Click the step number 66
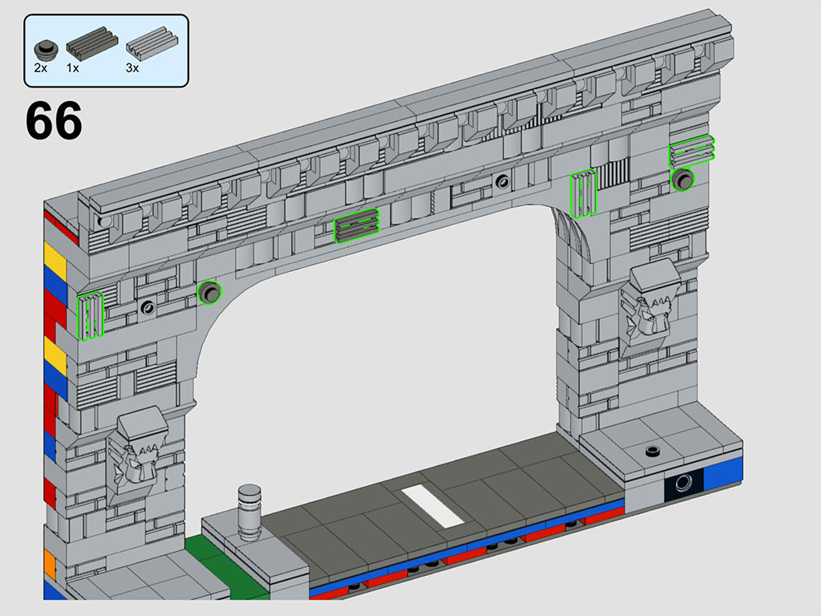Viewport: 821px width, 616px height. click(54, 121)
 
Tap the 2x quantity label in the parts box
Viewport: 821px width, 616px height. click(40, 68)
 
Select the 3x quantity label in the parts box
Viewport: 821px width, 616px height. click(132, 68)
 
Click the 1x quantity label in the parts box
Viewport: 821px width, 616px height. click(73, 68)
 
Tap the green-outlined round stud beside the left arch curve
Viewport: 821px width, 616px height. click(209, 293)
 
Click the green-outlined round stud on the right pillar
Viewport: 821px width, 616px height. click(683, 180)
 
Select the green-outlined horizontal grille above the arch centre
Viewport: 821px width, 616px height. click(356, 225)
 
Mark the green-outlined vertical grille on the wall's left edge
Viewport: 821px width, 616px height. click(90, 316)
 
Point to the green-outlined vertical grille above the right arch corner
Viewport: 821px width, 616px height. click(583, 193)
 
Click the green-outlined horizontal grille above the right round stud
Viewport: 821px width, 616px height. click(692, 151)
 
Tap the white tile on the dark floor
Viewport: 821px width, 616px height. click(432, 506)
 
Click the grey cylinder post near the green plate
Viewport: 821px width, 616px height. click(249, 509)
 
